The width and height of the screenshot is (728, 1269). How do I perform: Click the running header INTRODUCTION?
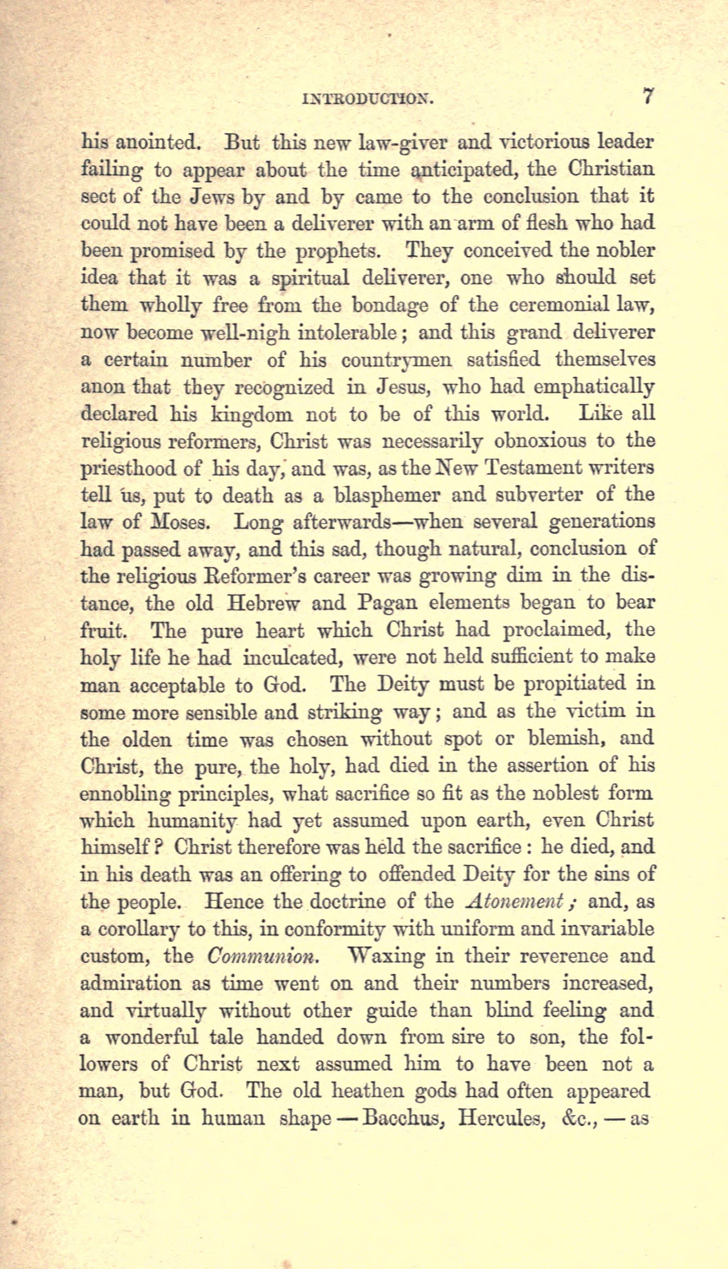pyautogui.click(x=368, y=99)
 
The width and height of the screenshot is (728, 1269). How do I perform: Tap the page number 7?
pyautogui.click(x=648, y=96)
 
